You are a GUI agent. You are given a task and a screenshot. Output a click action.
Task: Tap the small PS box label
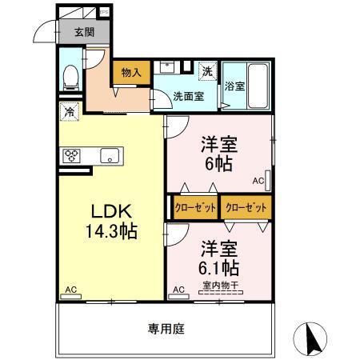point(104,12)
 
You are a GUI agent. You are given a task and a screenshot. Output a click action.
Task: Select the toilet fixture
point(71,76)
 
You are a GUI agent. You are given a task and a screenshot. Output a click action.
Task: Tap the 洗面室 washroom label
point(189,95)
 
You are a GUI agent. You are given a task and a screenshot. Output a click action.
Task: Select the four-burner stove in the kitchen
point(71,155)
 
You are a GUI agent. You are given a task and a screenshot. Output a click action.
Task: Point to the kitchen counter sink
point(109,155)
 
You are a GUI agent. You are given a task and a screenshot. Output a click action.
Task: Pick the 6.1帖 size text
point(218,267)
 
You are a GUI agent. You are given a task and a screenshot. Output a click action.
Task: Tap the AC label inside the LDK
point(70,290)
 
